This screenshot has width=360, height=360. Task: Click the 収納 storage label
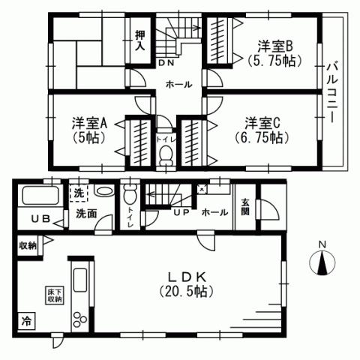(x=28, y=245)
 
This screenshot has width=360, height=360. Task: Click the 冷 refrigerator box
(x=26, y=322)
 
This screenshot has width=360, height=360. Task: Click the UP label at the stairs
(x=181, y=213)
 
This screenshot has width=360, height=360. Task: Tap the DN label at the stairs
(x=163, y=64)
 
